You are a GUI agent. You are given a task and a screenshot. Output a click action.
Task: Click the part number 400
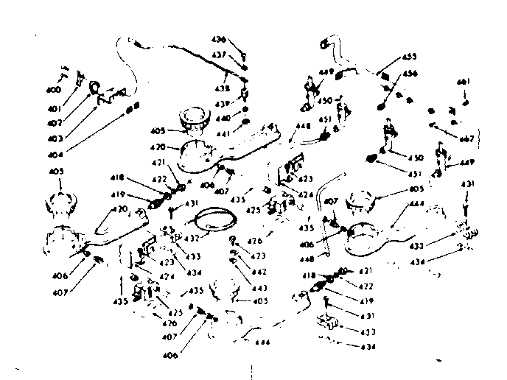(54, 90)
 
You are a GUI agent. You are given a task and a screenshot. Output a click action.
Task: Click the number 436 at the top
(220, 39)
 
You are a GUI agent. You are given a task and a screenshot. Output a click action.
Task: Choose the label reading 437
(220, 55)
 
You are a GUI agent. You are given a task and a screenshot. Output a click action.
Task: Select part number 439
(222, 104)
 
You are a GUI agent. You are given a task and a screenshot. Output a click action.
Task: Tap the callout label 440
(222, 118)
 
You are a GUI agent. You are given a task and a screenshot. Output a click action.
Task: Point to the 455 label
(409, 56)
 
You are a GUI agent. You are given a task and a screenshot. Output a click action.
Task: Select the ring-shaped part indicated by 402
(95, 88)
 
